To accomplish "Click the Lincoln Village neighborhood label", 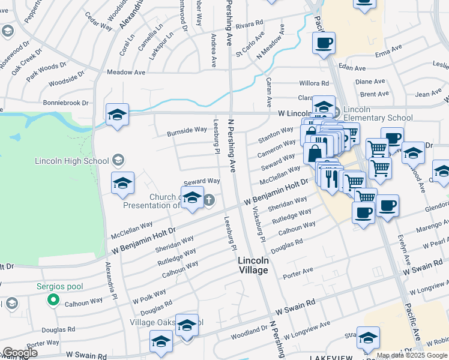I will pos(253,265).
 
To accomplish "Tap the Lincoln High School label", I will pos(72,161).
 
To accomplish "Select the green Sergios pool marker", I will pos(53,299).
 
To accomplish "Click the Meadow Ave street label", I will pos(126,72).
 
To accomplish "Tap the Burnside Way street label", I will pos(187,130).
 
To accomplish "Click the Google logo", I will pos(19,353).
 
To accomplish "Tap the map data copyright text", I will pos(412,355).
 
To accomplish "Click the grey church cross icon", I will pos(208,200).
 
